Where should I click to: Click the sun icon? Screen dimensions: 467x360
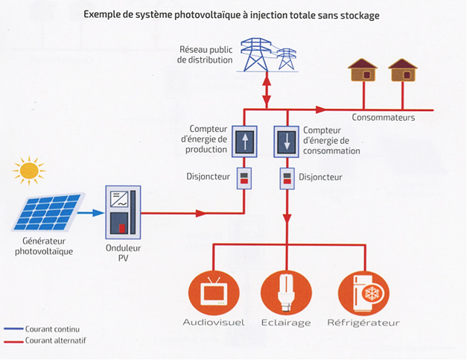coord(29,171)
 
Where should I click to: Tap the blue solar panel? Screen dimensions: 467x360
coord(48,212)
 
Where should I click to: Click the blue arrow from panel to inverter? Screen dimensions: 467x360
coord(91,212)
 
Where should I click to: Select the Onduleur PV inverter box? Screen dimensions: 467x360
coord(123,212)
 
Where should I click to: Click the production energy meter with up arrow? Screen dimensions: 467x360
coord(244,142)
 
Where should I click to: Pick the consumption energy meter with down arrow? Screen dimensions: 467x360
coord(287,142)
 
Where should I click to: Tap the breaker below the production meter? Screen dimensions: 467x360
coord(244,178)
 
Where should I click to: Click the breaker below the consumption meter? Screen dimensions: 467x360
coord(287,178)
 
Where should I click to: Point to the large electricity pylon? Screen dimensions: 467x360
coord(256,54)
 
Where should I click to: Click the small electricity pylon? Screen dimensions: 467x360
coord(286,59)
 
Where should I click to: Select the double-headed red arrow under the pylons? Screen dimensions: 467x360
coord(267,89)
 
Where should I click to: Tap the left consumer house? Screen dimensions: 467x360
coord(363,70)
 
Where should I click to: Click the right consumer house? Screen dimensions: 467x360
coord(403,70)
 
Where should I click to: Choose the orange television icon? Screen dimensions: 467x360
coord(214,293)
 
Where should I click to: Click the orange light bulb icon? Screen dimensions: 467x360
coord(286,293)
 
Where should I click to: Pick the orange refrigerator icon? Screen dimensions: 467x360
coord(363,293)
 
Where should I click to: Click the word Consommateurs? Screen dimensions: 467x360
coord(384,118)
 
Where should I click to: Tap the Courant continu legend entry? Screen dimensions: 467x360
coord(42,329)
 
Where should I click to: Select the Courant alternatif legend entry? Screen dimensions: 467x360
coord(45,341)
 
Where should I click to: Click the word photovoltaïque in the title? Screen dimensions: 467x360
coord(207,15)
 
